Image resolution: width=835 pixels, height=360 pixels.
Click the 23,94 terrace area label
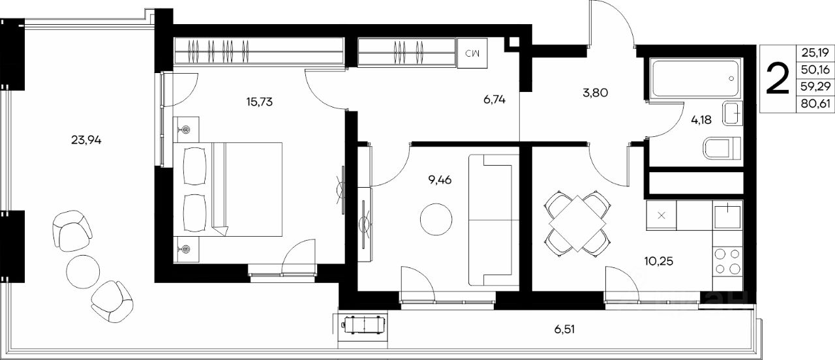[86, 140]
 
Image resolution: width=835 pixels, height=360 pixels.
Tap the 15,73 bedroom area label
[260, 102]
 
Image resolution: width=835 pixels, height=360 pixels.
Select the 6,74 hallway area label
[494, 100]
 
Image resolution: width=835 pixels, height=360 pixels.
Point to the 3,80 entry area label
[596, 93]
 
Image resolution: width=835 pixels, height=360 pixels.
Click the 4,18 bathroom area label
[701, 120]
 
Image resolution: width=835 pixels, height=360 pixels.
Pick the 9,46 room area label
[440, 181]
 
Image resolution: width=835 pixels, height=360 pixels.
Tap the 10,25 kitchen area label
[659, 262]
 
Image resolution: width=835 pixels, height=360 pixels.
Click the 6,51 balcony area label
[564, 329]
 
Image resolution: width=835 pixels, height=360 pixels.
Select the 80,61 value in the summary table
[815, 103]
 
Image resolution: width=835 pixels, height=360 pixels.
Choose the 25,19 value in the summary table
[815, 53]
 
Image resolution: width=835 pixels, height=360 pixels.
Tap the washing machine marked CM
[472, 53]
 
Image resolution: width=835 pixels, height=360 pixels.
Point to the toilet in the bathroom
[722, 149]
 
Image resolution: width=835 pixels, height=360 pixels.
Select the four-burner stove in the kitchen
[727, 262]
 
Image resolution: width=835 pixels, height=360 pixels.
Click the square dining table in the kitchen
[577, 223]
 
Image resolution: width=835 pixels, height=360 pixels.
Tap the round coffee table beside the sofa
[436, 219]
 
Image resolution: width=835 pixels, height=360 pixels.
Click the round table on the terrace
[83, 271]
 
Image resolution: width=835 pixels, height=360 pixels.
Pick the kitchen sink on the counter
[727, 215]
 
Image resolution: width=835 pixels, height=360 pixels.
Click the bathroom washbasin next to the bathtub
[733, 113]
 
